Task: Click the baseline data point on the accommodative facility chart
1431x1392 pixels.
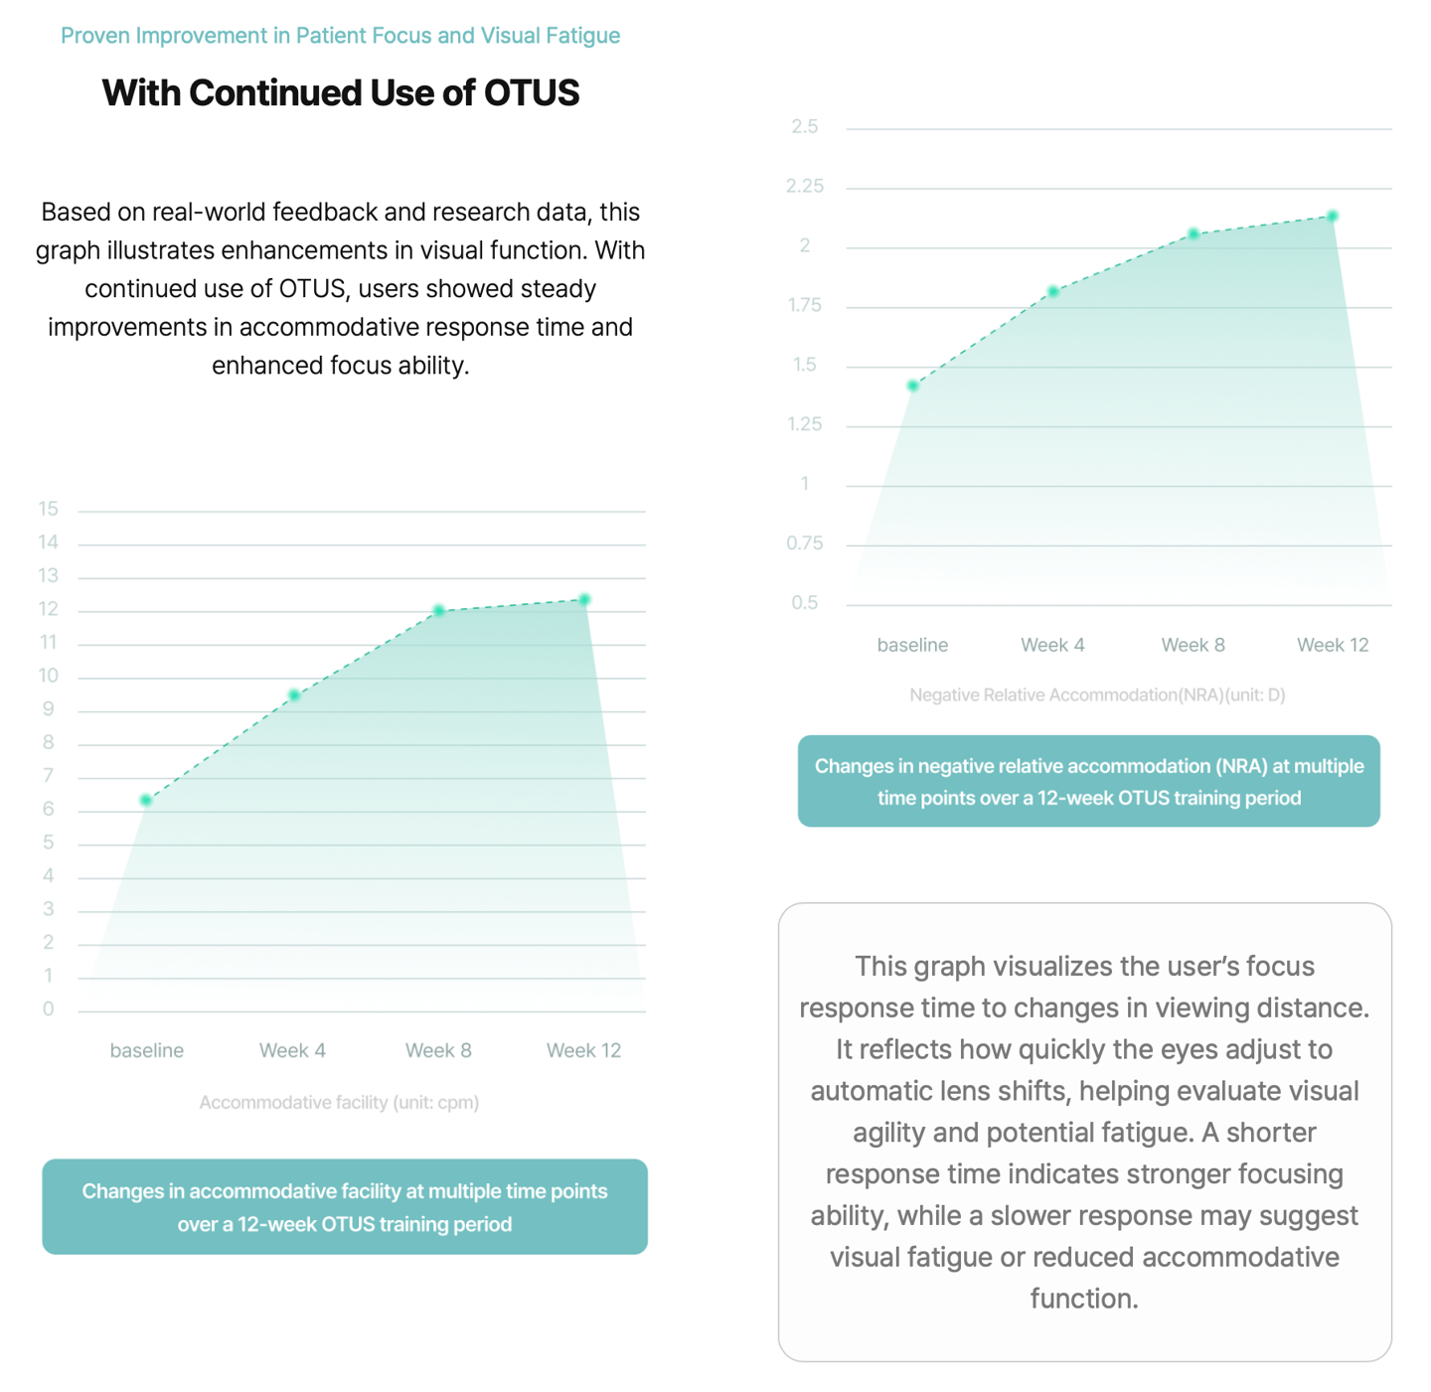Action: click(146, 800)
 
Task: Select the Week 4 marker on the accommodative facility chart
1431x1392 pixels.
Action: click(294, 696)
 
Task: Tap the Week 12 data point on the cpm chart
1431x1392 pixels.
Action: click(584, 599)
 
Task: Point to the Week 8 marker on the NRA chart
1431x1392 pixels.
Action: click(1193, 234)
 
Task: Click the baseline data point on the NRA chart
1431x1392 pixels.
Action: click(913, 386)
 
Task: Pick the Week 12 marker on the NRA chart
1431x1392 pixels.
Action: click(1333, 216)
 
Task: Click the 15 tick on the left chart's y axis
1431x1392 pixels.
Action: click(48, 509)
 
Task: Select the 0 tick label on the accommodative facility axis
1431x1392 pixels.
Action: click(48, 1009)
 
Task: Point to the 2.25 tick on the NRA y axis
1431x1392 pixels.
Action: click(805, 186)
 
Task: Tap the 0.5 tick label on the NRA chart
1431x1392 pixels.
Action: click(805, 603)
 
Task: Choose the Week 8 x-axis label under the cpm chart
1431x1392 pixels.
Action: click(438, 1050)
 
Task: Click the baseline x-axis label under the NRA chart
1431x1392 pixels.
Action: click(912, 645)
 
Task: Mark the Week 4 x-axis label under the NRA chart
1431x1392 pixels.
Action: click(1052, 645)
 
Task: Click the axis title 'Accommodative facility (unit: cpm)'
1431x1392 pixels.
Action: click(339, 1102)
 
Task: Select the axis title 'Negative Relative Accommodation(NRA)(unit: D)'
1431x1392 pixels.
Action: click(1097, 695)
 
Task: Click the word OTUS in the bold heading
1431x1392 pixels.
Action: click(531, 92)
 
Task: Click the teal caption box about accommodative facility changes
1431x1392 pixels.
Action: click(345, 1206)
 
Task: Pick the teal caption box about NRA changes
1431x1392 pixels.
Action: click(1088, 781)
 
